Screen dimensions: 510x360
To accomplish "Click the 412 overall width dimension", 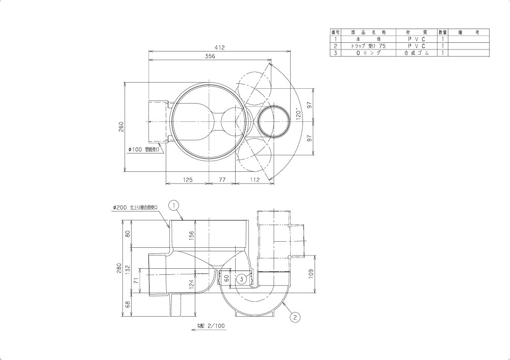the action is pos(219,47).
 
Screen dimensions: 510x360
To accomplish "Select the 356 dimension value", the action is pos(210,56).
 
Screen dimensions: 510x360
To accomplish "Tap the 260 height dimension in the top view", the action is pos(121,126).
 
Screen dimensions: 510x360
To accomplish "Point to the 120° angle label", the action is pos(298,114).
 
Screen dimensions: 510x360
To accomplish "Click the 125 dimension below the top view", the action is pos(188,180).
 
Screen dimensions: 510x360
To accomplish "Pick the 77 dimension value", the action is pos(222,180).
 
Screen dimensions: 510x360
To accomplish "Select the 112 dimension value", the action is pos(255,180).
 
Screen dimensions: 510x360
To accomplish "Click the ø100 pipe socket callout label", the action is pos(144,149).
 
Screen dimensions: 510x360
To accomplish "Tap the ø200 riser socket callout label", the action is pos(135,208).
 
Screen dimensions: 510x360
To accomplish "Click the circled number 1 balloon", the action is pos(174,205).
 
